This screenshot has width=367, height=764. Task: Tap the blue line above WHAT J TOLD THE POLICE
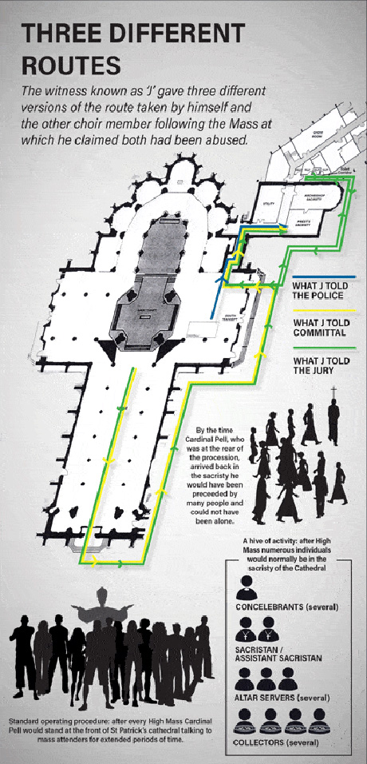click(x=313, y=277)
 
